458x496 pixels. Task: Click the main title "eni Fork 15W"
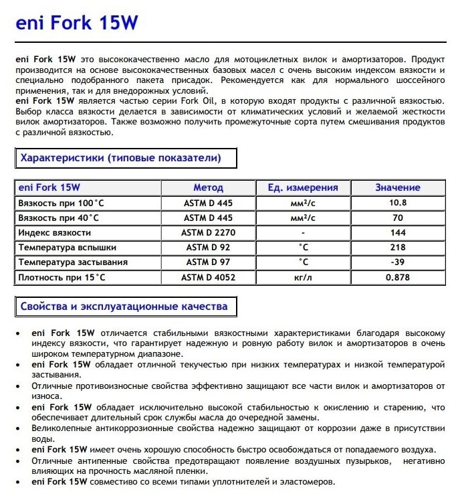76,24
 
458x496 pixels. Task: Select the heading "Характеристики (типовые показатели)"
121,159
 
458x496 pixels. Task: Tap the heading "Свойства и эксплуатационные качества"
124,307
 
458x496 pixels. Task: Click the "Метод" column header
209,188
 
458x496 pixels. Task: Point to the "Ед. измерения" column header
303,188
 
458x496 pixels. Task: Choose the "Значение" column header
397,188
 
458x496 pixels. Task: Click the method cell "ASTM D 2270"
209,232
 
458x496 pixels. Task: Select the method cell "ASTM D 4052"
209,276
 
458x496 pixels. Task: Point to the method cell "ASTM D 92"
209,247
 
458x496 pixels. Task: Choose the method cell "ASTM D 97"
209,262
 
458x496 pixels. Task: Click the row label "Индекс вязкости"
55,232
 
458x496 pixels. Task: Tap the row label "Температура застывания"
74,262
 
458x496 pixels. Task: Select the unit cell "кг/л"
303,276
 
